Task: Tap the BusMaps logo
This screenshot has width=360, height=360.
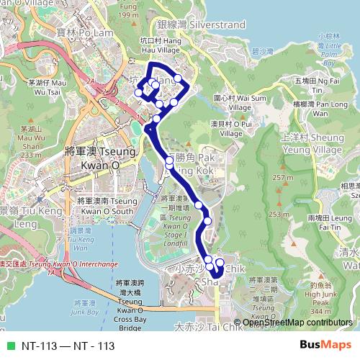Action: [x=325, y=345]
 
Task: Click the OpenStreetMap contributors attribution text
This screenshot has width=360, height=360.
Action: [x=297, y=323]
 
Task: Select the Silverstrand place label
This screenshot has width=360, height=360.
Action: [x=205, y=24]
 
